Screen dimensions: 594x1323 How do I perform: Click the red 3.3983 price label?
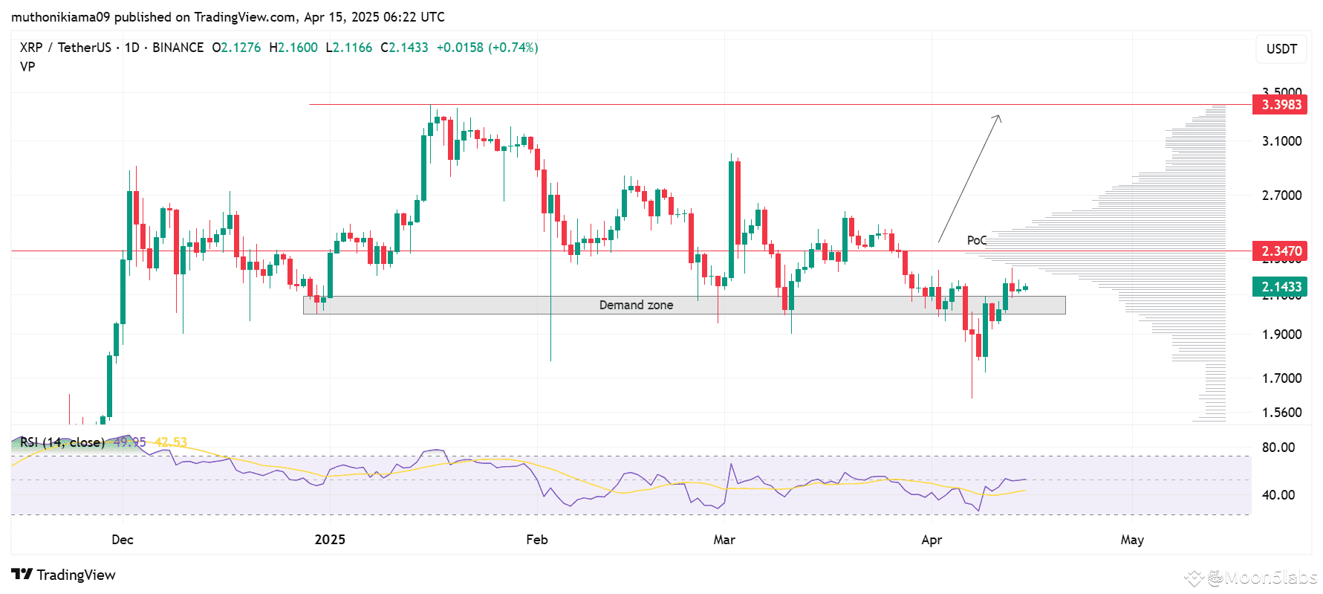tap(1281, 105)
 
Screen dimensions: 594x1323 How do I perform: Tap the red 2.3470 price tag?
tap(1281, 251)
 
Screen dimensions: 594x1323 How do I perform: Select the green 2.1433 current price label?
tap(1281, 287)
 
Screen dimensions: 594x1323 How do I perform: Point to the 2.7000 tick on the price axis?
tap(1281, 196)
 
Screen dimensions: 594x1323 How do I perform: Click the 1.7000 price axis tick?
tap(1281, 378)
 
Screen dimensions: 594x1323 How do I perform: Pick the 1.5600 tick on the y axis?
tap(1281, 413)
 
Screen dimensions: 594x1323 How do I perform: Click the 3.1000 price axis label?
tap(1281, 141)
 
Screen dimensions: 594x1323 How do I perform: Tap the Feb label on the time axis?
tap(536, 540)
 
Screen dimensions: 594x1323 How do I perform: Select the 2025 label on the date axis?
tap(330, 540)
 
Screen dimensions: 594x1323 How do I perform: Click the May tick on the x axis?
tap(1131, 540)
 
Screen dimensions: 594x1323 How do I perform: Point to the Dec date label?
tap(123, 540)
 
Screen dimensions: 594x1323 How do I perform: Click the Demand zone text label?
tap(636, 306)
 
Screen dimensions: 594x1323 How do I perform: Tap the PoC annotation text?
tap(976, 240)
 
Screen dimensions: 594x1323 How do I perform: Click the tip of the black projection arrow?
tap(999, 115)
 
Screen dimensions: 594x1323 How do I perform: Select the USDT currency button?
tap(1281, 49)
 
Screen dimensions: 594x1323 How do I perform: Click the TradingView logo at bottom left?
tap(64, 575)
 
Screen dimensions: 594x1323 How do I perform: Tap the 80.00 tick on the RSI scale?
tap(1278, 448)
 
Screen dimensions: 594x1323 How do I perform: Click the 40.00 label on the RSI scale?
tap(1278, 495)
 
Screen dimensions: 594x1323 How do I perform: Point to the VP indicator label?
tap(27, 67)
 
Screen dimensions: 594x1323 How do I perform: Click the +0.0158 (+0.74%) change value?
tap(487, 48)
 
